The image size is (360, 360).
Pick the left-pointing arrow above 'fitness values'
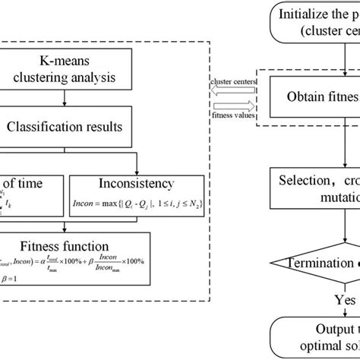click(x=235, y=106)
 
